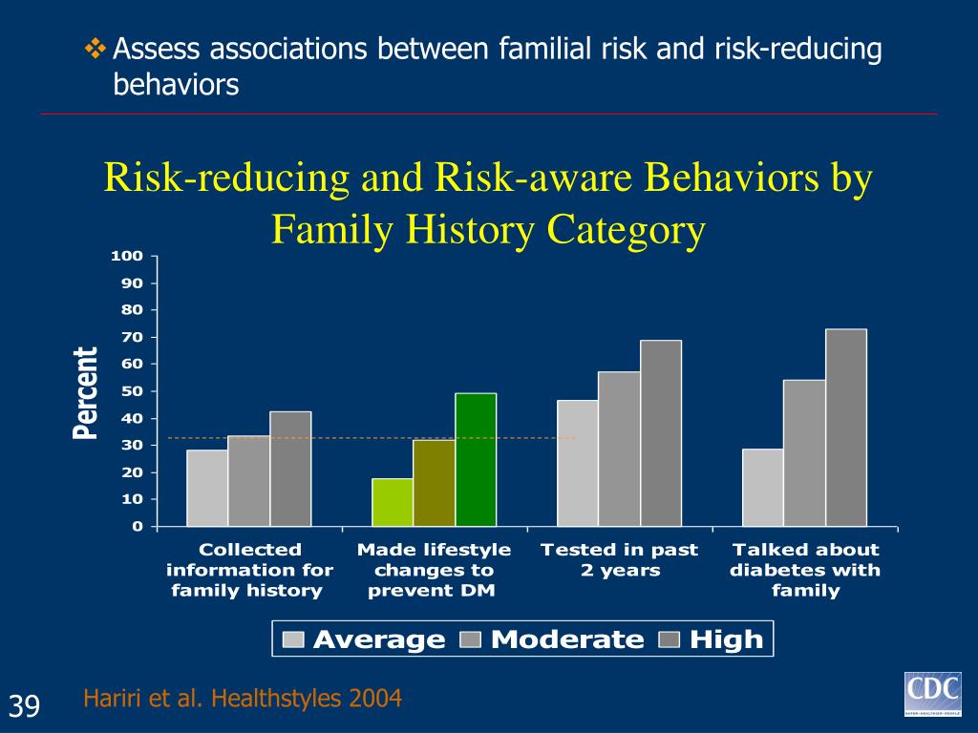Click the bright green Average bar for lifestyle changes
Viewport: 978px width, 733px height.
[393, 502]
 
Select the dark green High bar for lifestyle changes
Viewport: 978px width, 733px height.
[476, 460]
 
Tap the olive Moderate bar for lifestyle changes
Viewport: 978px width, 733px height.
[434, 483]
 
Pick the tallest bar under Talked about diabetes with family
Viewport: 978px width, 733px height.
[846, 428]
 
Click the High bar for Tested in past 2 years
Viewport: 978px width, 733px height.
[661, 433]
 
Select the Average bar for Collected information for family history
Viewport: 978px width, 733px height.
[207, 488]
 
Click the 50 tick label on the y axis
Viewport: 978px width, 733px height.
[132, 391]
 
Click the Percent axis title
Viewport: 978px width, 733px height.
[87, 392]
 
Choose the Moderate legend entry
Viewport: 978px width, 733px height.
[553, 639]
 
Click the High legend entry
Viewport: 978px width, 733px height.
[712, 639]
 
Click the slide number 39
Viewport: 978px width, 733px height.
[26, 706]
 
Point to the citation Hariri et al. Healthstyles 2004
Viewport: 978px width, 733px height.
[243, 699]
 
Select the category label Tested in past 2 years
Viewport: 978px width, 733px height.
[619, 560]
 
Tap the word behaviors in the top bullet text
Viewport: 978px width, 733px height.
[176, 85]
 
